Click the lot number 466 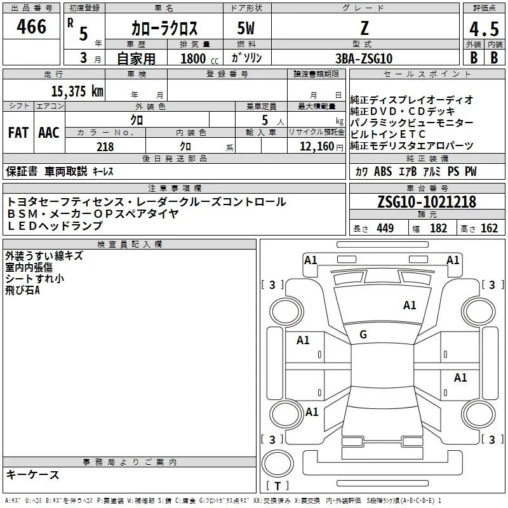point(32,27)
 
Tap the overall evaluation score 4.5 point(483,28)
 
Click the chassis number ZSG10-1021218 point(426,202)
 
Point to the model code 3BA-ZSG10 point(364,58)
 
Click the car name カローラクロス point(164,28)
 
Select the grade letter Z point(363,28)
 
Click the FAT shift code point(18,133)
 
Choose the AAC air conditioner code point(48,133)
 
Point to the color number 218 point(105,147)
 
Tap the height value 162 point(489,229)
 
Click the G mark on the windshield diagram point(363,335)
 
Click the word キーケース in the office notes point(33,474)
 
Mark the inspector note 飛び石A point(23,290)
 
